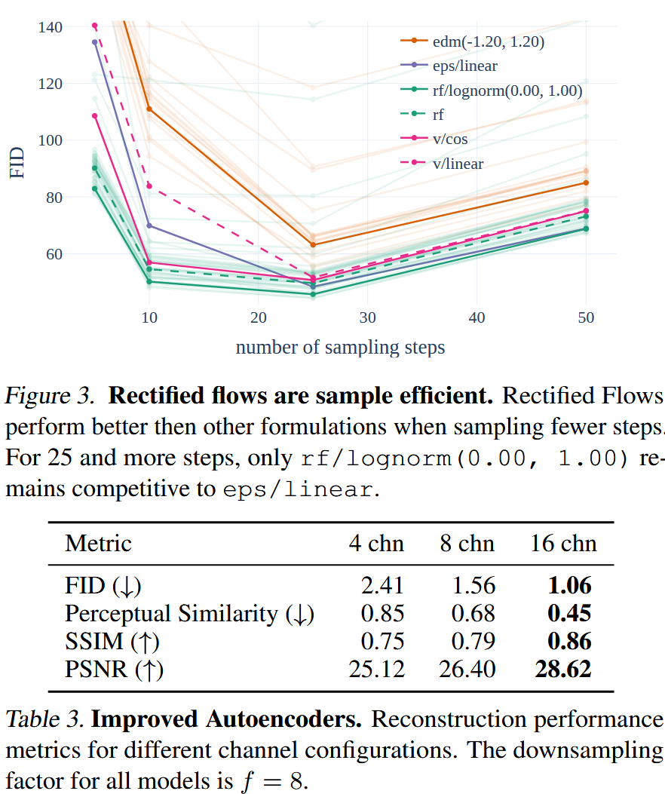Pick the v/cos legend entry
(x=451, y=139)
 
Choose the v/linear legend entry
(x=458, y=164)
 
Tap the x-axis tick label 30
(x=367, y=318)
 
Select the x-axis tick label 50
(x=585, y=318)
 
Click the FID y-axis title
(x=17, y=161)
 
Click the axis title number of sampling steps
(x=340, y=348)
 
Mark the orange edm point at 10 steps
(x=149, y=109)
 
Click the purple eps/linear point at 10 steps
(x=149, y=225)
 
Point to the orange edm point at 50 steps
(x=585, y=182)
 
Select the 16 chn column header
(x=562, y=544)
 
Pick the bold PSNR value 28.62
(x=562, y=668)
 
